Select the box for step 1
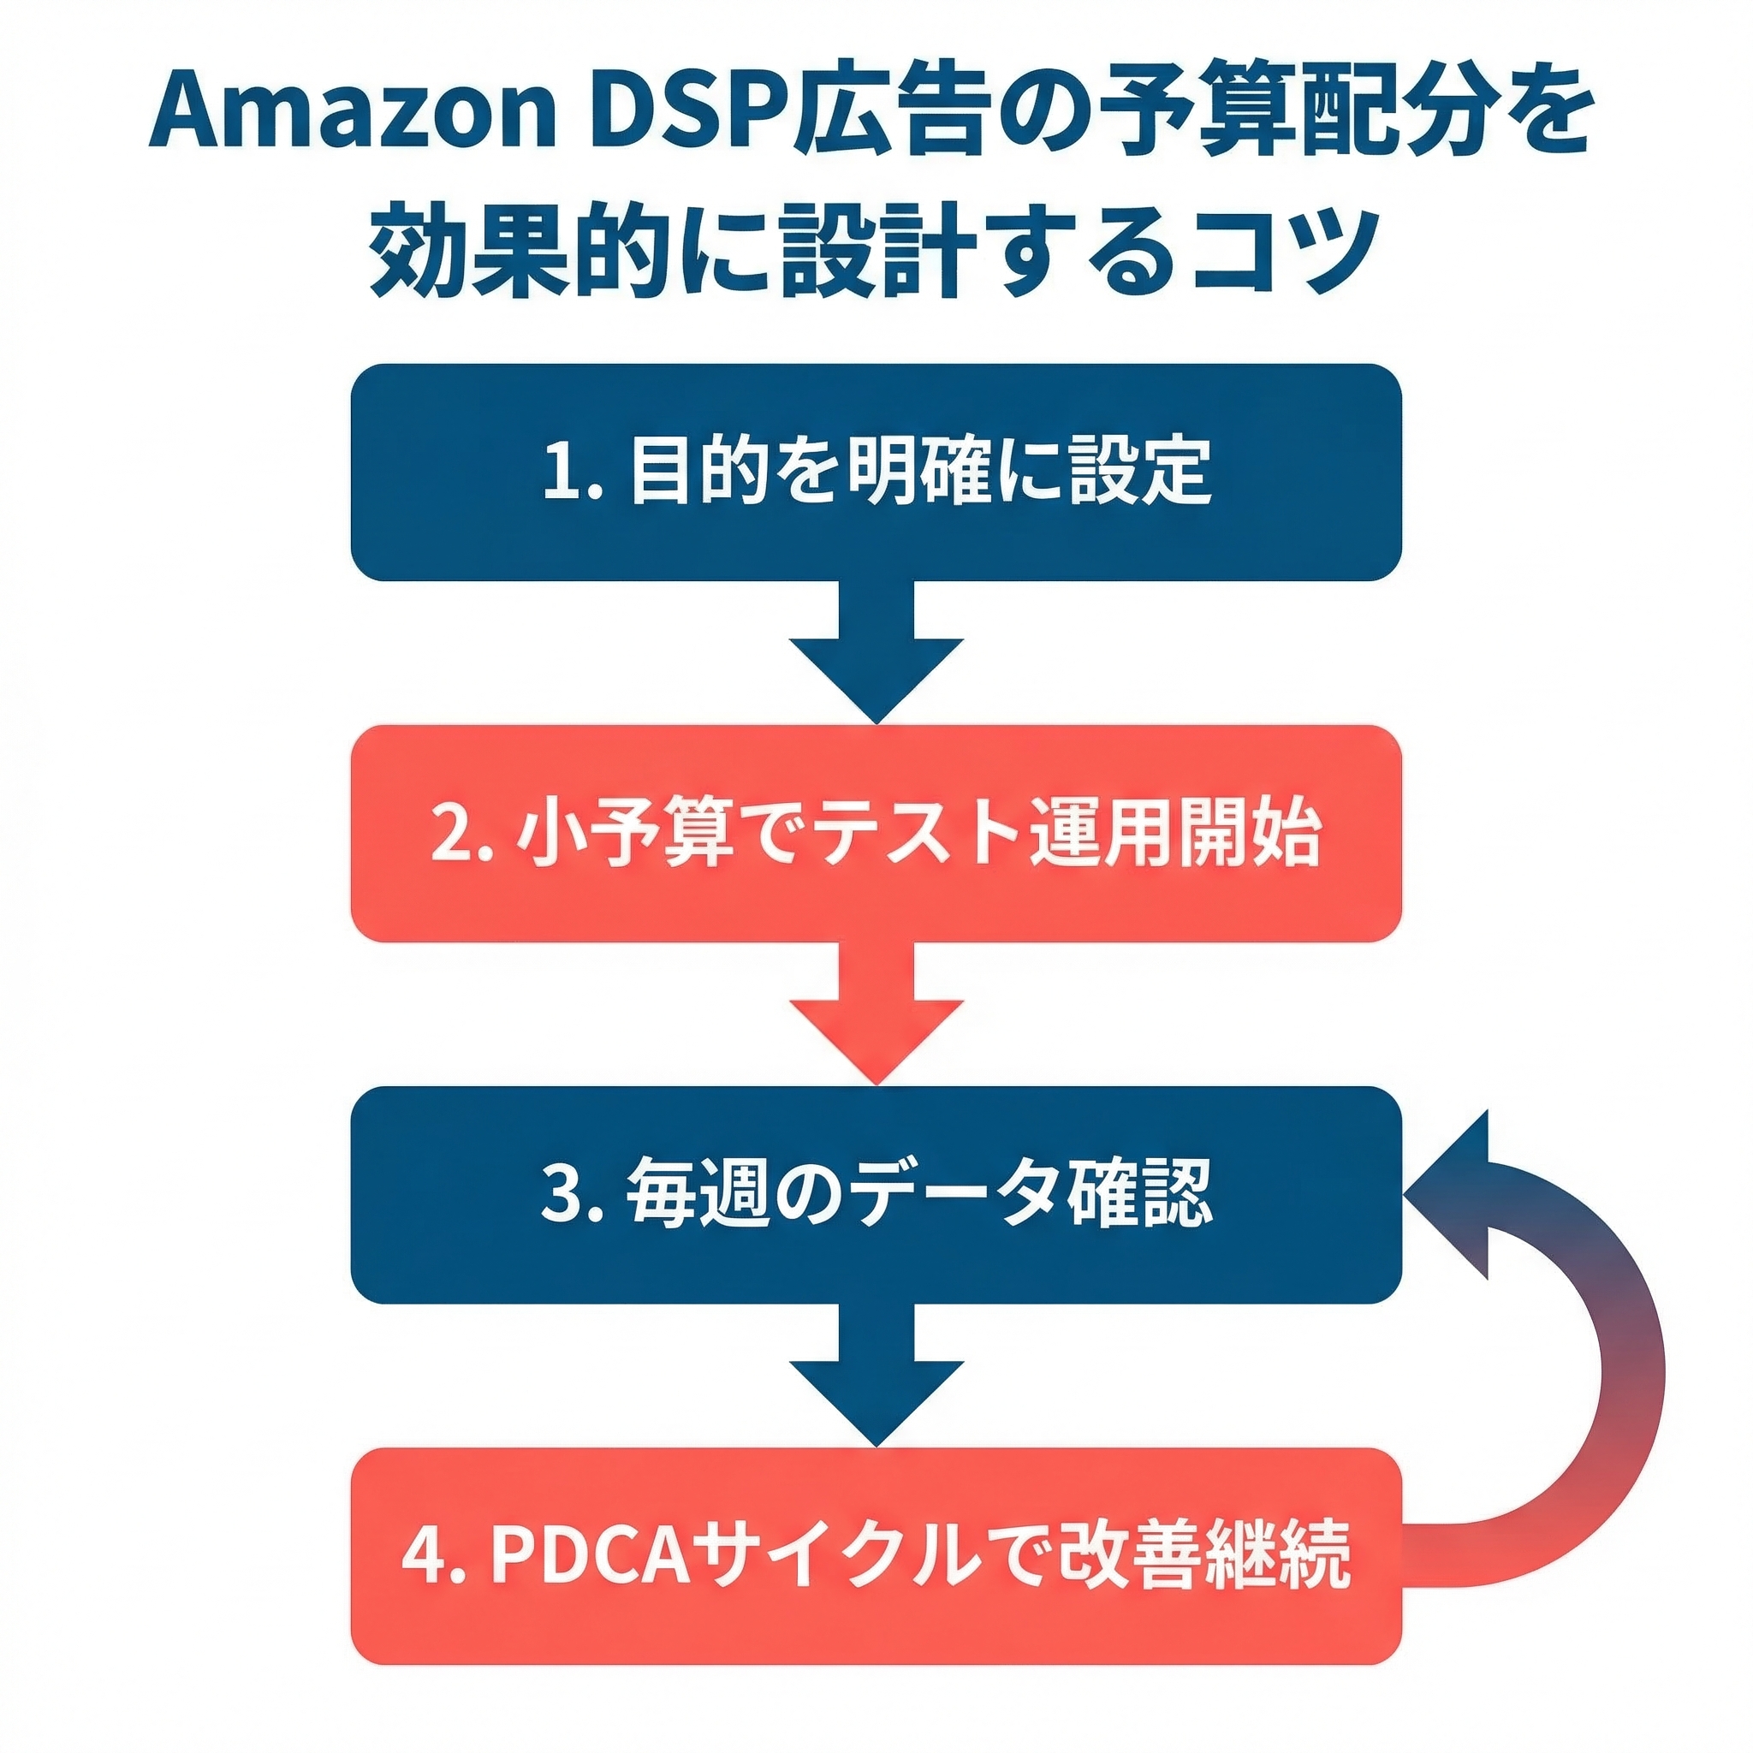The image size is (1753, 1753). coord(876,472)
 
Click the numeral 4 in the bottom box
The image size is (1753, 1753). coord(421,1555)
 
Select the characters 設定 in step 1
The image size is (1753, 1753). coord(1139,472)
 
